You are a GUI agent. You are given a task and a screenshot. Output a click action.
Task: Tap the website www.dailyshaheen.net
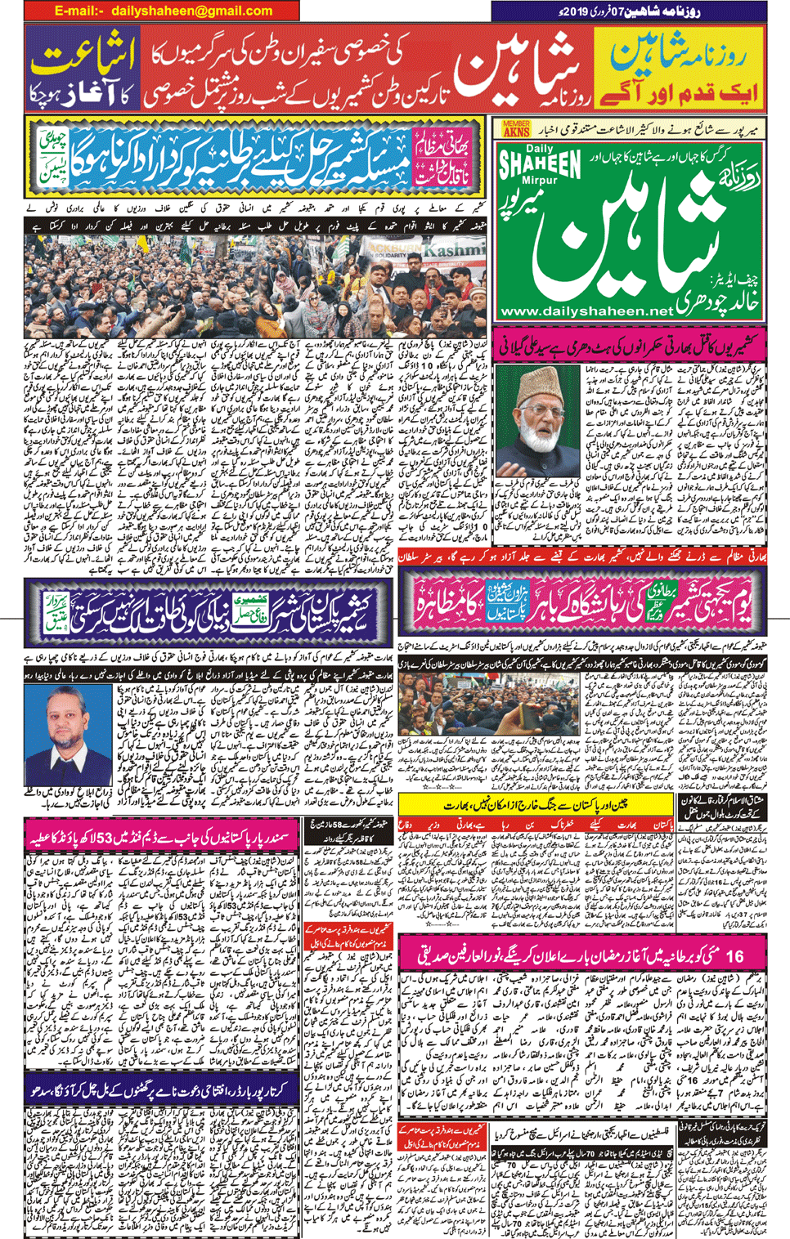pos(586,311)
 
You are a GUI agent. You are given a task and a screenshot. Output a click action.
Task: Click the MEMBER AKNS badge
pos(516,128)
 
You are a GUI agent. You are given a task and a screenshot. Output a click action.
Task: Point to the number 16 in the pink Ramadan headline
pos(734,955)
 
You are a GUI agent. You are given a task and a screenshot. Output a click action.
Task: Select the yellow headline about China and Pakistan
pos(536,805)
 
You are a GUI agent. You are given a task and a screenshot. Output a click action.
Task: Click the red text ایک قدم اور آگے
pos(680,92)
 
